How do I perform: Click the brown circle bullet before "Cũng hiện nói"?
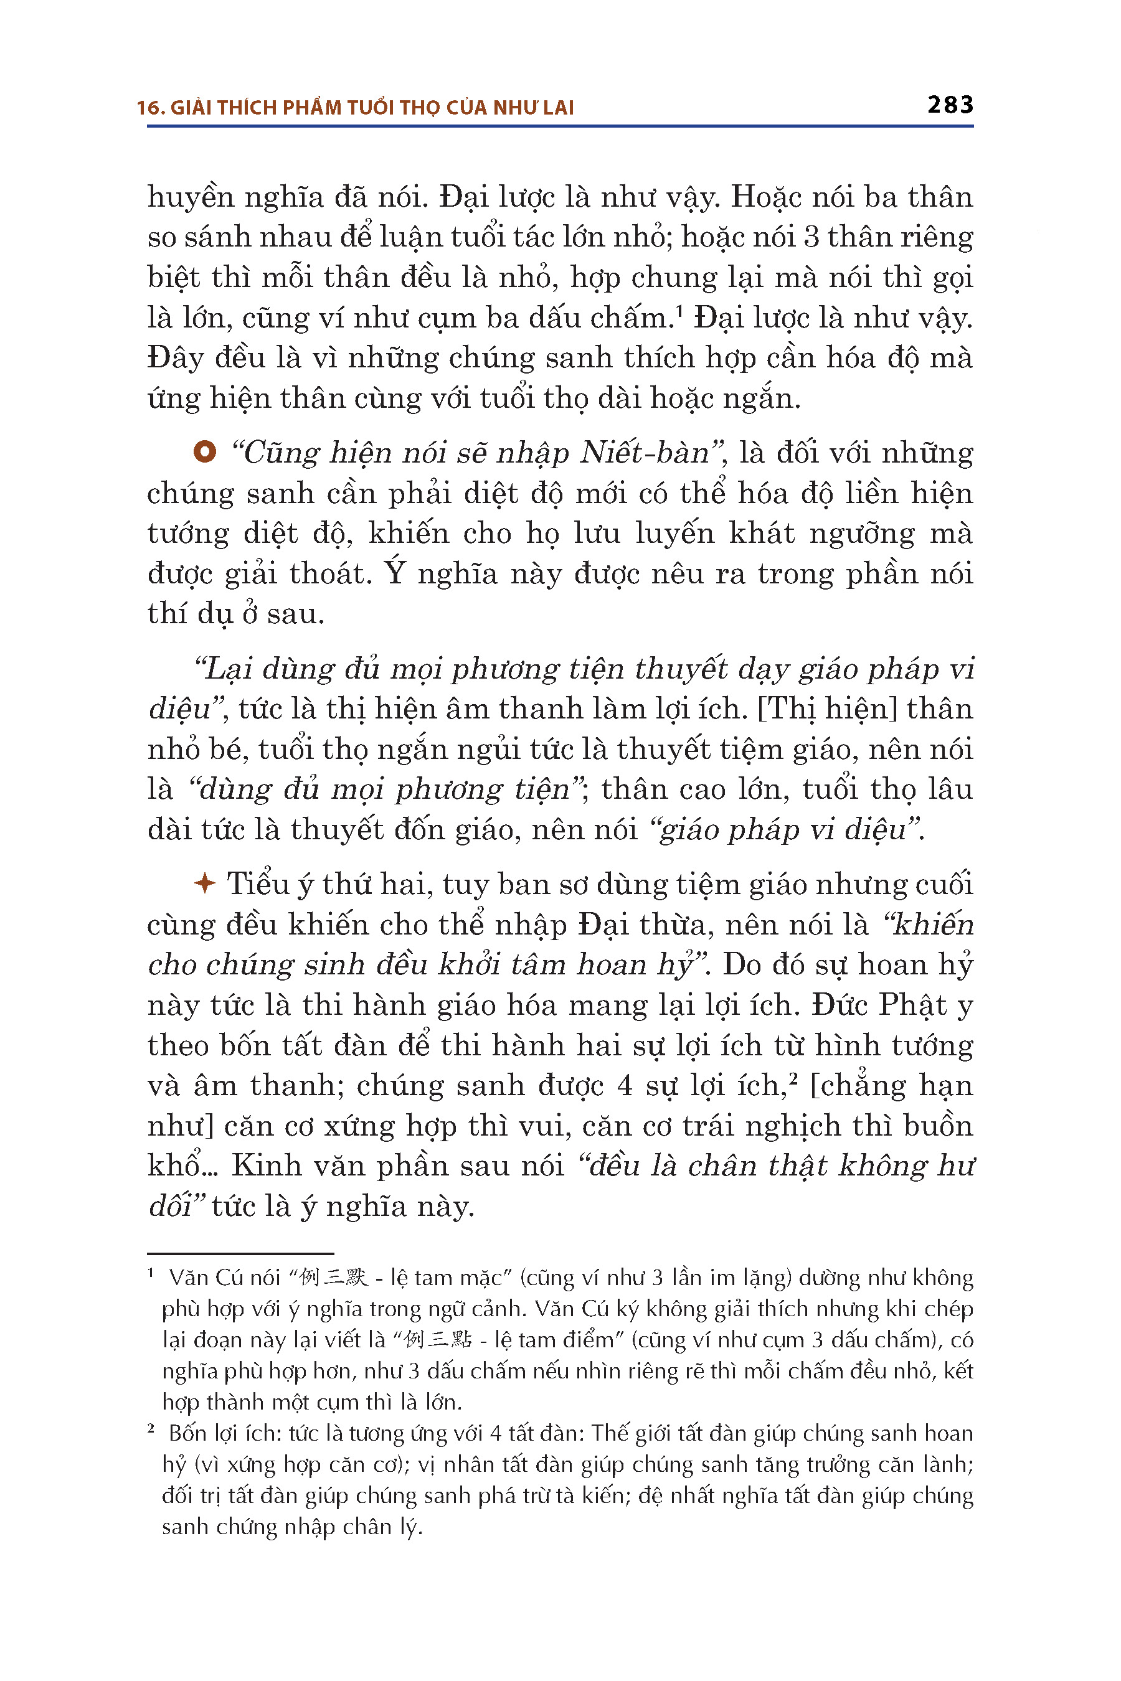pos(204,452)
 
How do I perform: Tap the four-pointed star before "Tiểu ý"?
pos(204,883)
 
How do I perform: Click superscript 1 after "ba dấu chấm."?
pos(679,309)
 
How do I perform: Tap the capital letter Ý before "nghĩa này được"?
pos(395,573)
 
